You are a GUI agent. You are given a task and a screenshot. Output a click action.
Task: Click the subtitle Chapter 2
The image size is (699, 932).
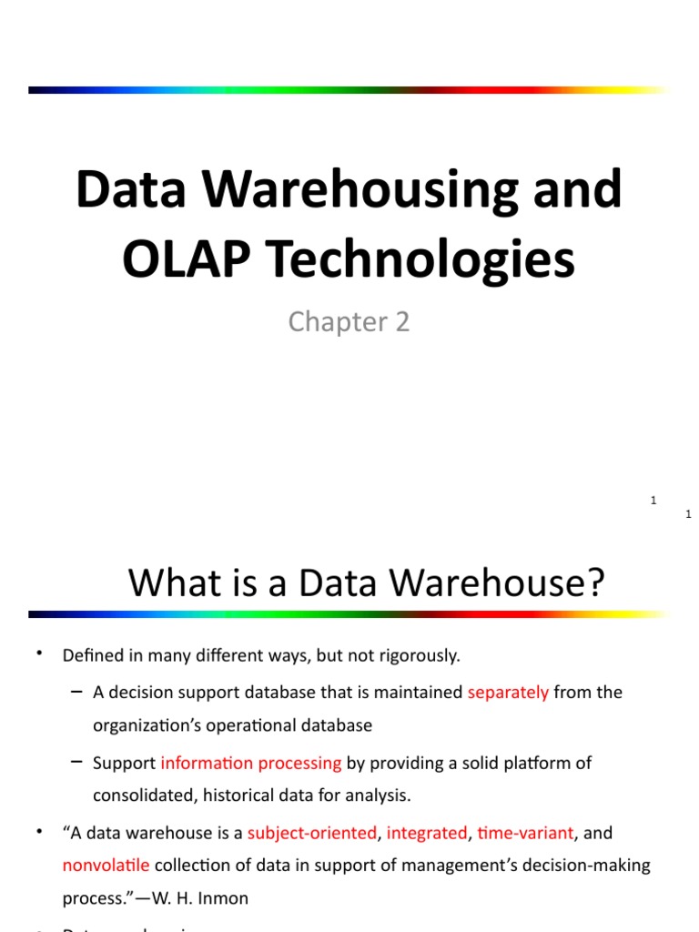tap(349, 321)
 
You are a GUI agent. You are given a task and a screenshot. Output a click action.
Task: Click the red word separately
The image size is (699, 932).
tap(508, 692)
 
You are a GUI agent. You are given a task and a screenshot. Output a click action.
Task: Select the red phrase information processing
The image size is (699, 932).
tap(250, 763)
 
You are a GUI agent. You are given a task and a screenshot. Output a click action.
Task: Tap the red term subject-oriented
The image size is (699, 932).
tap(311, 832)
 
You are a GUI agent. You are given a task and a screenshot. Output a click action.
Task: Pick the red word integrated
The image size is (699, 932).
tap(427, 832)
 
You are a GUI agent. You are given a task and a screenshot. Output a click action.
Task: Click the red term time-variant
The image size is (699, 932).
tap(525, 832)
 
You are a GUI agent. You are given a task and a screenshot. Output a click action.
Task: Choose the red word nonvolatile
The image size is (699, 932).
tap(106, 865)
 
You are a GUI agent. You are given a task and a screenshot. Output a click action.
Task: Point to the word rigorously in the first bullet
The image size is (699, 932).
tap(418, 654)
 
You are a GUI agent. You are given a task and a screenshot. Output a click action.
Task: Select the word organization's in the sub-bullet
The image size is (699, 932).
tap(150, 725)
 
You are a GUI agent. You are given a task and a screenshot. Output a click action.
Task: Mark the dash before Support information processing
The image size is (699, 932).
tap(76, 762)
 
